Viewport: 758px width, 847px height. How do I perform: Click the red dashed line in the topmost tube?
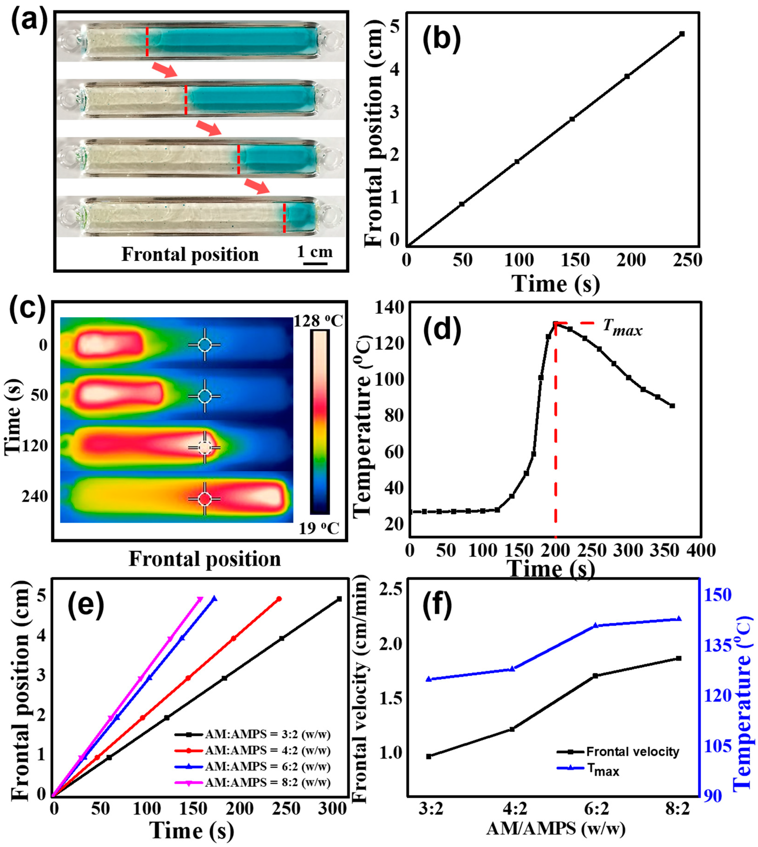point(147,42)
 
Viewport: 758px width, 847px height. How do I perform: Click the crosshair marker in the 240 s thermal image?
point(204,498)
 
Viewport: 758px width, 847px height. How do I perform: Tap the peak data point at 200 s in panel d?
point(555,324)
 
